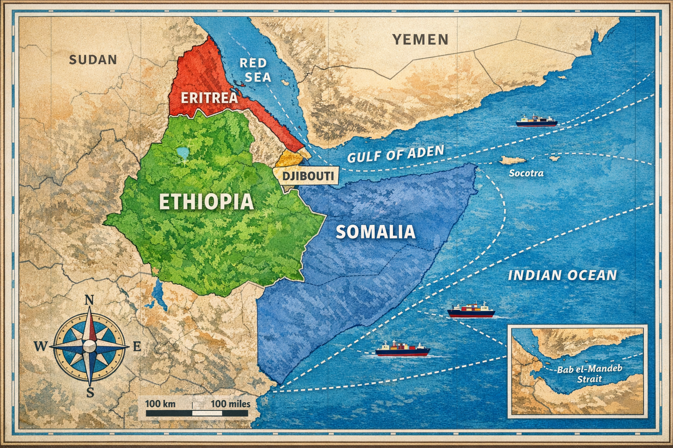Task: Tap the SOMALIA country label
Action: pos(375,231)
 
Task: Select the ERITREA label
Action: pos(209,97)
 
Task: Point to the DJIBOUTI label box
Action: pos(308,176)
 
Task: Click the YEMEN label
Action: pos(420,40)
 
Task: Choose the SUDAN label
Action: pos(93,59)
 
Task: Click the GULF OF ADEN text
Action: pos(395,154)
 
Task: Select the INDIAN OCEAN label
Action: pos(562,275)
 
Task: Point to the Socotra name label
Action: pos(526,173)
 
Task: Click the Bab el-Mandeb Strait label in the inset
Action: pos(589,374)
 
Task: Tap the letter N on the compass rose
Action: pos(89,300)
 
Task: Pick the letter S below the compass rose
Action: pos(90,392)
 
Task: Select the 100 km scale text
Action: pos(160,403)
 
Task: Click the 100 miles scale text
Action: pos(230,403)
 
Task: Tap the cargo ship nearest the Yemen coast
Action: pos(536,121)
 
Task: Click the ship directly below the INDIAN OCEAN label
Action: pos(471,311)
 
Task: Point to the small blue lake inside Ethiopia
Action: pos(181,153)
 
